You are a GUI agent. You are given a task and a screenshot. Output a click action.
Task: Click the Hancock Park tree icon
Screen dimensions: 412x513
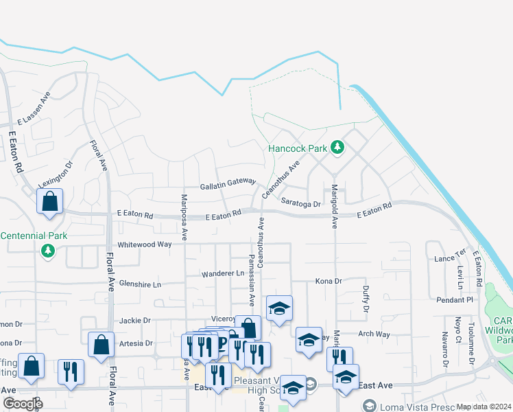point(337,147)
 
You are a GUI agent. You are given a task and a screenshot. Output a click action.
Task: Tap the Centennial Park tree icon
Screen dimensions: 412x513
point(49,251)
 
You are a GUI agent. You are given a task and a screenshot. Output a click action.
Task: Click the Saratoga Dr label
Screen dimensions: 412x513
point(301,203)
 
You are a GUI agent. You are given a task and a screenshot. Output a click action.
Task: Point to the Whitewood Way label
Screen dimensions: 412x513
point(144,244)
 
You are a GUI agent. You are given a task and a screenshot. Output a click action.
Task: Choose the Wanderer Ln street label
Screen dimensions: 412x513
point(222,273)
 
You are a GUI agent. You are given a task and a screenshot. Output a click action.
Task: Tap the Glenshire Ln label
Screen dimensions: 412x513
point(139,284)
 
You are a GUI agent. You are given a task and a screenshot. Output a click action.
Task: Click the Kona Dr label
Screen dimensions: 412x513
point(329,281)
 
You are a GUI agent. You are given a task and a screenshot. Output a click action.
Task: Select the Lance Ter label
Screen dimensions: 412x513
point(450,258)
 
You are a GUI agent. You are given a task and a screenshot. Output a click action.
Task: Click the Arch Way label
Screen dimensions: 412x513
point(374,334)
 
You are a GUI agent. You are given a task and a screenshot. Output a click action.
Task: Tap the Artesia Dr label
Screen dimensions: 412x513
point(135,343)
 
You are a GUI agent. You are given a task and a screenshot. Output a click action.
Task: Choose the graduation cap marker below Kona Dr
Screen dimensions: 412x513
point(279,309)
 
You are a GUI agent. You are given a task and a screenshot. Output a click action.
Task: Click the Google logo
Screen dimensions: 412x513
point(23,403)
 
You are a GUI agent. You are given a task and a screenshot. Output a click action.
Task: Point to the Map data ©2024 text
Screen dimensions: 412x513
point(483,407)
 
